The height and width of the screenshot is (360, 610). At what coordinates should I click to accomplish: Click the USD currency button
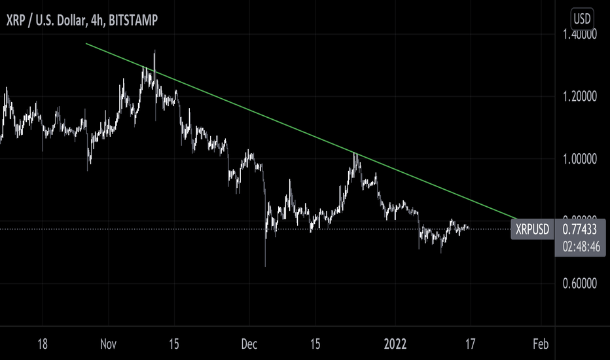583,18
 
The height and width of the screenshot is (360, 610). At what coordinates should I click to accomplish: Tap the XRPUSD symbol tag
532,230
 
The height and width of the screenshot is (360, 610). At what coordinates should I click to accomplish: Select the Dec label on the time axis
249,344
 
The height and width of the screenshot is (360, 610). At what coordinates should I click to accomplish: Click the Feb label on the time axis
540,344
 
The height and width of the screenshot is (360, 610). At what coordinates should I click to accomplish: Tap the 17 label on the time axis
470,344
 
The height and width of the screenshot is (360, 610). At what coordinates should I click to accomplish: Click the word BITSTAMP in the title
133,20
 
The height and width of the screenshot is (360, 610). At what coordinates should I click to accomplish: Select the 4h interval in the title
93,20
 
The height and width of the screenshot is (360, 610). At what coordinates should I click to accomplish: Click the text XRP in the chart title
16,20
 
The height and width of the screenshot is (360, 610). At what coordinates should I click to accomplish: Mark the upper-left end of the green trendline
86,44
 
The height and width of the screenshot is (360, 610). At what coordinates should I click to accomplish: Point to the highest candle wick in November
154,51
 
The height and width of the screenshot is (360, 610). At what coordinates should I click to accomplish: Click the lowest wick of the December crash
265,266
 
